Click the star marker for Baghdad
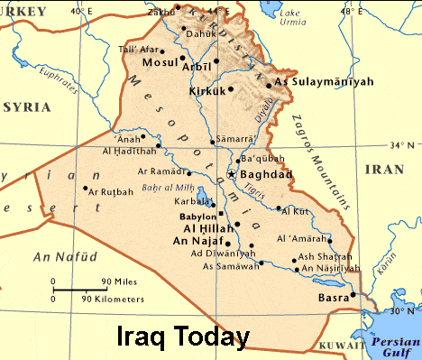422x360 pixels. [x=232, y=172]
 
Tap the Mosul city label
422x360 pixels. [x=164, y=63]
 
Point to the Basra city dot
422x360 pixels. [x=353, y=294]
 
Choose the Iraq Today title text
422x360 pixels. [x=183, y=337]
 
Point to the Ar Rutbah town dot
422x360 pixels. [x=85, y=189]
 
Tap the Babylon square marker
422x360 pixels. [x=220, y=214]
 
